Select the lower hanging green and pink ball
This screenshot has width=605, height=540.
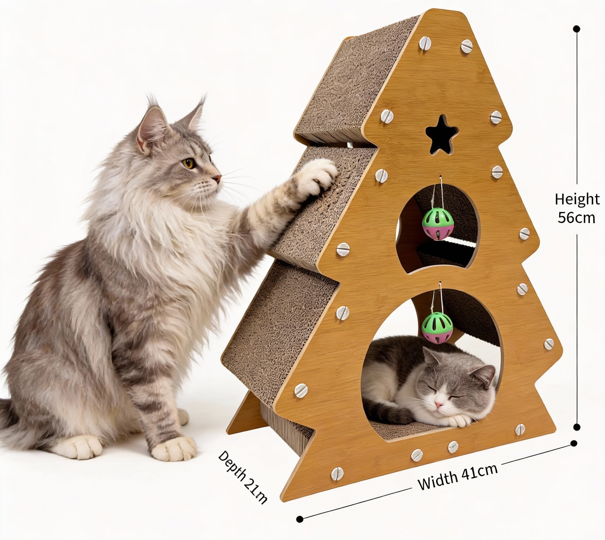tap(437, 327)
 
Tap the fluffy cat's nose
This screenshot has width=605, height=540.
tap(218, 179)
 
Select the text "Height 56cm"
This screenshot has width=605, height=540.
tap(577, 208)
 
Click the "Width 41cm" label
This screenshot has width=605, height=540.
tap(457, 477)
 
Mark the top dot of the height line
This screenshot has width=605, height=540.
tap(577, 29)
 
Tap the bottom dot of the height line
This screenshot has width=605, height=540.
tap(577, 427)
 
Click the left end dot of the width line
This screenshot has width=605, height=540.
tap(300, 519)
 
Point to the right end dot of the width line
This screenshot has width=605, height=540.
tap(574, 443)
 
